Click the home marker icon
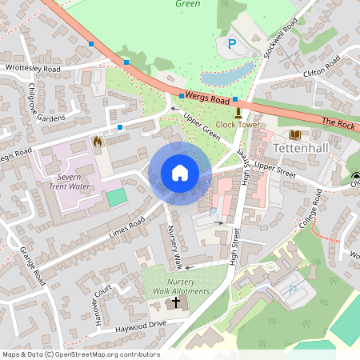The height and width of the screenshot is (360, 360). (180, 173)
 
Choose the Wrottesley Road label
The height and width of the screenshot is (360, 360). (33, 69)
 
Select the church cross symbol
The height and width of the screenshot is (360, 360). (175, 305)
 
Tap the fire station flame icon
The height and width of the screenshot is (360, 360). (98, 142)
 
